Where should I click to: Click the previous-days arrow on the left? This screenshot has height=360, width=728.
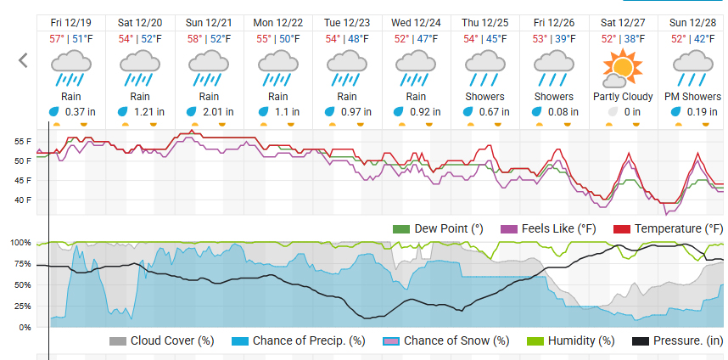(23, 60)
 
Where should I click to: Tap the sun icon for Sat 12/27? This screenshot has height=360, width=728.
(623, 66)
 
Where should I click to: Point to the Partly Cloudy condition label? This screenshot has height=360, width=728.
(623, 97)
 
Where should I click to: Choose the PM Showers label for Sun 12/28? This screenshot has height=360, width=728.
(692, 97)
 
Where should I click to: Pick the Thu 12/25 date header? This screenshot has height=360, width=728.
(484, 22)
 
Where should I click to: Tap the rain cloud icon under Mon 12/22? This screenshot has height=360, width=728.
(278, 66)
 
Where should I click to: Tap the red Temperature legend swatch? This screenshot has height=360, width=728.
(621, 229)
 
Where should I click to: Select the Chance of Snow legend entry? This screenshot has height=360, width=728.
(447, 340)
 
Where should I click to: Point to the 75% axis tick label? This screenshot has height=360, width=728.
(18, 263)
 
